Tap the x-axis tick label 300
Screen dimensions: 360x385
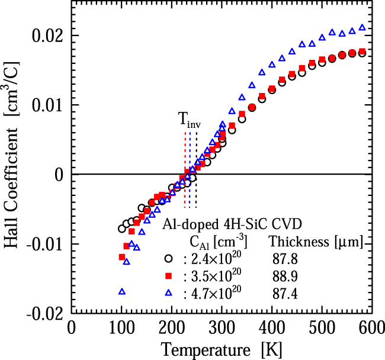[221, 327]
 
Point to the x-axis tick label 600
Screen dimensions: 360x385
[370, 327]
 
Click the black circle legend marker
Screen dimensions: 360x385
[168, 258]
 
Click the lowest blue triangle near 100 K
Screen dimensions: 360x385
[122, 291]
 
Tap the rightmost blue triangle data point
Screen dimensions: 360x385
[362, 27]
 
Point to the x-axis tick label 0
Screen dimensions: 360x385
[72, 327]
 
